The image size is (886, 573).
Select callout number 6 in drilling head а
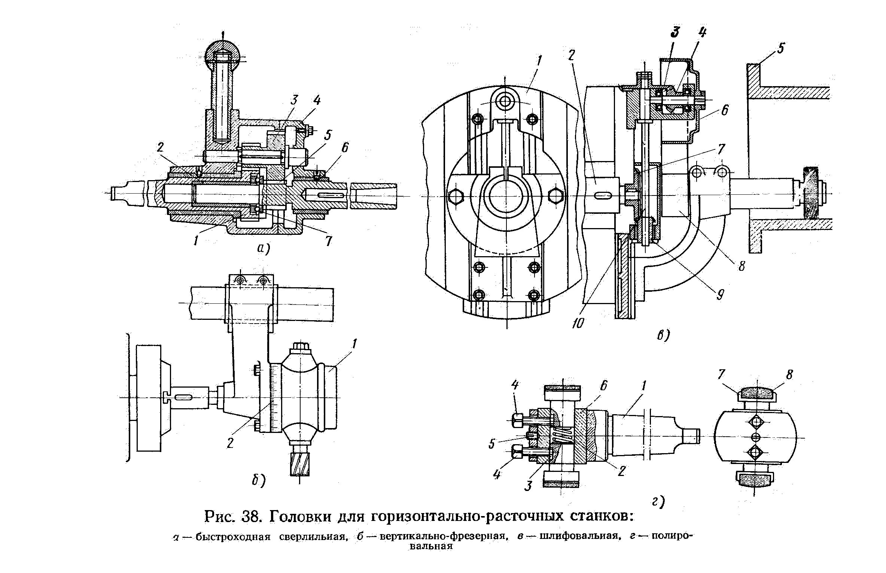(344, 148)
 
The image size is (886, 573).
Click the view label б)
(258, 480)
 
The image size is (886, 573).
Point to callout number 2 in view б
(230, 443)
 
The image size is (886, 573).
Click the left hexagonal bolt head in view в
(455, 195)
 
